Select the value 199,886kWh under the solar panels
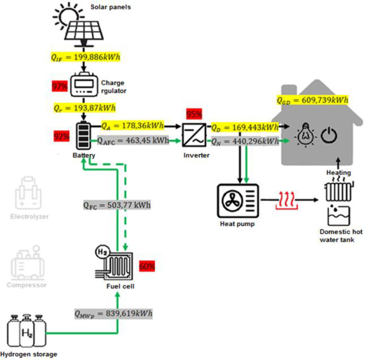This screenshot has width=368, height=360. (85, 57)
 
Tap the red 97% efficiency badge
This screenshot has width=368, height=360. (60, 87)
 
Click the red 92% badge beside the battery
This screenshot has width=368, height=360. (61, 137)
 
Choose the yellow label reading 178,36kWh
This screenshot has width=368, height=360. (132, 126)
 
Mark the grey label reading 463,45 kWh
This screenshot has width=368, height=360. (133, 140)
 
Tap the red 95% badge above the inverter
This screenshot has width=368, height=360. (194, 114)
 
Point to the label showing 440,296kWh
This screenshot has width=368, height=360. (245, 141)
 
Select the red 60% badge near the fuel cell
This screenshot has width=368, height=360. (147, 267)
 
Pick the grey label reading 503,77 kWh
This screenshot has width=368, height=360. (116, 205)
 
